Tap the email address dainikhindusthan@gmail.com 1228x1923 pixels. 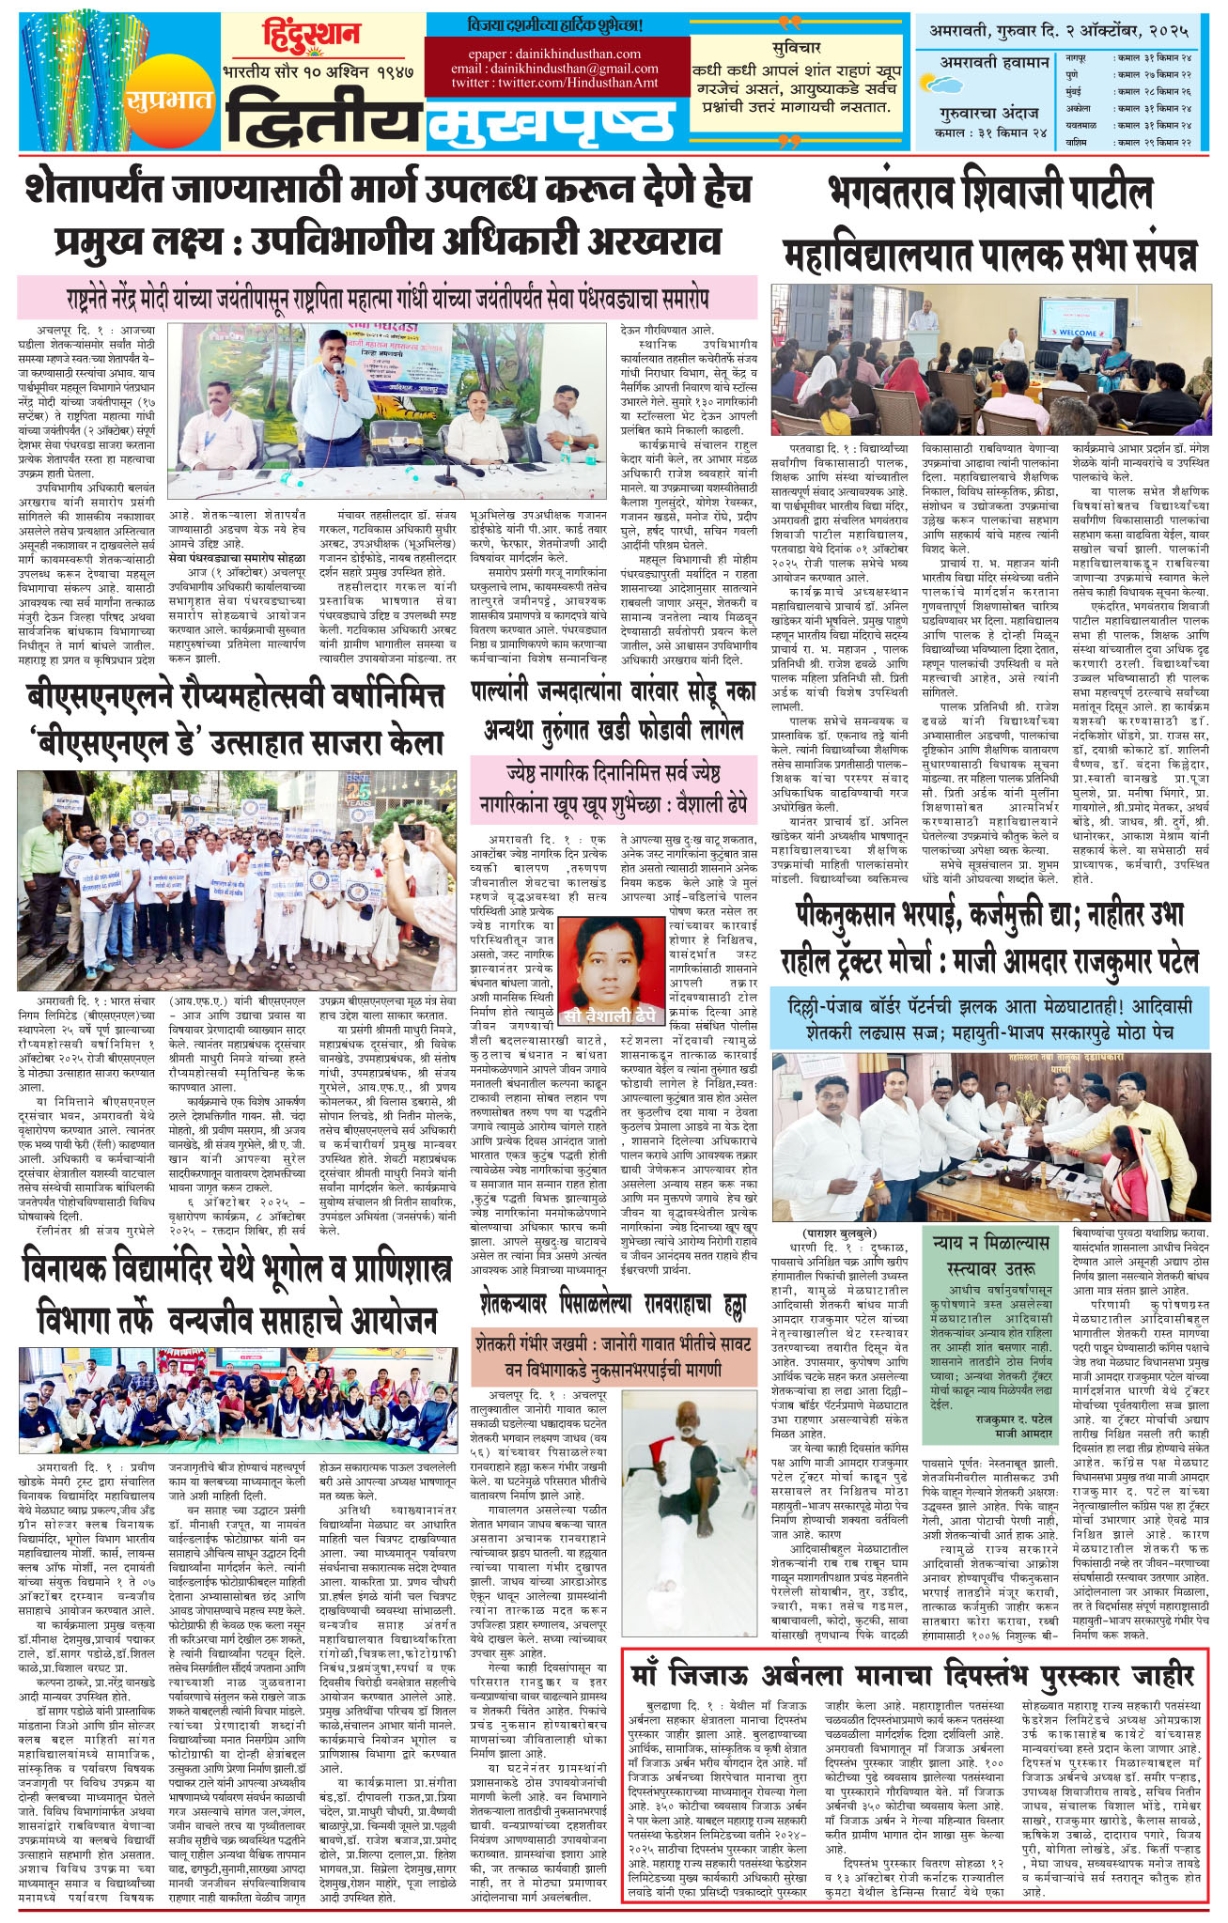[x=554, y=69]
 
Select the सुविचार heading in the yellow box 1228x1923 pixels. [x=796, y=47]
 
